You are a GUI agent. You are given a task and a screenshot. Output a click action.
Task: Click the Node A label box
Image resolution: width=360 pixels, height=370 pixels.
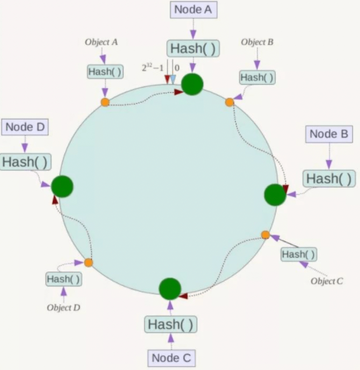(x=194, y=10)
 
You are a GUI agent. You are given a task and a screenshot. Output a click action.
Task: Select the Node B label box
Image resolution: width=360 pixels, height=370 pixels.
(x=329, y=134)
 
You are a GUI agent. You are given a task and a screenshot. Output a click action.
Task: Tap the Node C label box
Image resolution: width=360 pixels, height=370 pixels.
(x=171, y=358)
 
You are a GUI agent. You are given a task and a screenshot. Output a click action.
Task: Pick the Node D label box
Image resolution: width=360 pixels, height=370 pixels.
(x=25, y=127)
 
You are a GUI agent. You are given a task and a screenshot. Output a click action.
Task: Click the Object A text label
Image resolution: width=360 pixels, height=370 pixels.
(x=101, y=42)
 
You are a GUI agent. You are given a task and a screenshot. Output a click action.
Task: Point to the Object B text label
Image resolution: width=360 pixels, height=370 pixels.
(x=257, y=42)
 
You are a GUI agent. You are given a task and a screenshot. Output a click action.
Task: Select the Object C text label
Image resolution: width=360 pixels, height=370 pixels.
(x=327, y=281)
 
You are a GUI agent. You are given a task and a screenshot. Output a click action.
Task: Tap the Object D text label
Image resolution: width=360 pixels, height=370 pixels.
(x=64, y=308)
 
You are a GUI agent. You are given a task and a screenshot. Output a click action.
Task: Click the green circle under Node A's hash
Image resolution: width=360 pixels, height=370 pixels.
(x=192, y=84)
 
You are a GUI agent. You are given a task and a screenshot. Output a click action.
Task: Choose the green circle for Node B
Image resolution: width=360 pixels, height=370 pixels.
(x=275, y=195)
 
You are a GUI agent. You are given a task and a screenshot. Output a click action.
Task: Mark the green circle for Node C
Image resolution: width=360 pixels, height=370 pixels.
(x=170, y=289)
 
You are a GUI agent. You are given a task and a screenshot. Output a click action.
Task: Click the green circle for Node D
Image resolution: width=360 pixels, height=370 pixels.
(x=62, y=186)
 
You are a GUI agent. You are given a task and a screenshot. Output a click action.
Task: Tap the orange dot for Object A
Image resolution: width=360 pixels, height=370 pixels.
(x=105, y=102)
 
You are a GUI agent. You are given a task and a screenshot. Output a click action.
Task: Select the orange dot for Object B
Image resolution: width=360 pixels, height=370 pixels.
(x=229, y=102)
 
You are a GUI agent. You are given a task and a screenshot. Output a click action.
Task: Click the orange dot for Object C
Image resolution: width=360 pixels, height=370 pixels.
(x=265, y=235)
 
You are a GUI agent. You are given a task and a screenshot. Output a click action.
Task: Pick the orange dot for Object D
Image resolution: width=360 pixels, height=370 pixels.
(x=88, y=263)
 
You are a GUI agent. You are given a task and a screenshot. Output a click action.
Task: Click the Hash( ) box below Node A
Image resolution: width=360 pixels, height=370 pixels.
(x=193, y=48)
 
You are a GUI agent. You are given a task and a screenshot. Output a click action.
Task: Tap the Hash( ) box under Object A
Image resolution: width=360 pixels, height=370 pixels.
(x=105, y=72)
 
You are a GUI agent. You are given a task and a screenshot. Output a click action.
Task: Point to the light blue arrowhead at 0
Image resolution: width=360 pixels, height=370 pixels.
(x=173, y=79)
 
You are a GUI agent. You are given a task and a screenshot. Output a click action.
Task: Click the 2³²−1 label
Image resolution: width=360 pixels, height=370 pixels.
(x=153, y=68)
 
